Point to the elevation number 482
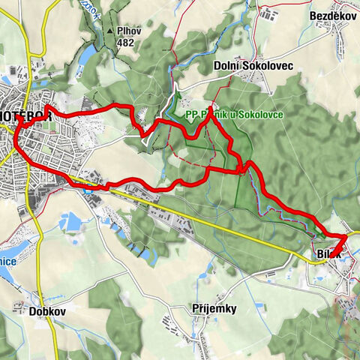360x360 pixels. (125, 43)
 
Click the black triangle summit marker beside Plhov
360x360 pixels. (109, 31)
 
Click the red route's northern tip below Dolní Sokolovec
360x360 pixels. (211, 105)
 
